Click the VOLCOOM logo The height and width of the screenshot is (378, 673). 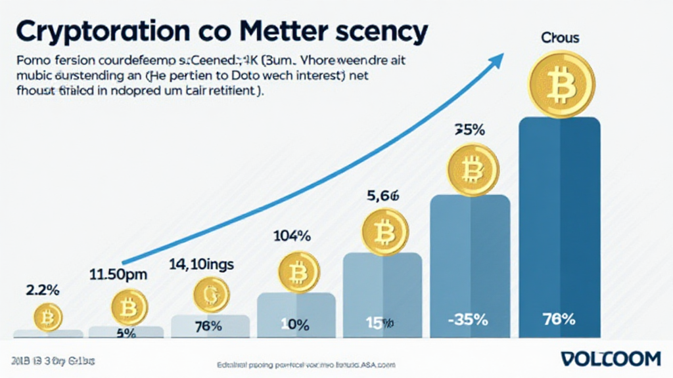click(x=611, y=359)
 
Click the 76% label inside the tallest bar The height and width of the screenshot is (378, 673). click(x=559, y=320)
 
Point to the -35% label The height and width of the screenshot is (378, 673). click(x=469, y=320)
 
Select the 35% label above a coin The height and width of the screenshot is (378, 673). click(x=469, y=129)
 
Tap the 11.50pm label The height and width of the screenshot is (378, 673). click(x=118, y=274)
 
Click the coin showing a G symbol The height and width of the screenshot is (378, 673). click(x=212, y=295)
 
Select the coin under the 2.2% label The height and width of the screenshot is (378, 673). click(x=47, y=318)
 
